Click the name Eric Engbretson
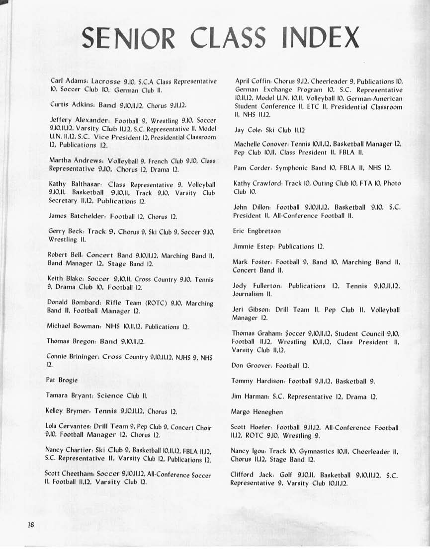(257, 231)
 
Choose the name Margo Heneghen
(257, 412)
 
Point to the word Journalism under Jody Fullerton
(251, 294)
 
